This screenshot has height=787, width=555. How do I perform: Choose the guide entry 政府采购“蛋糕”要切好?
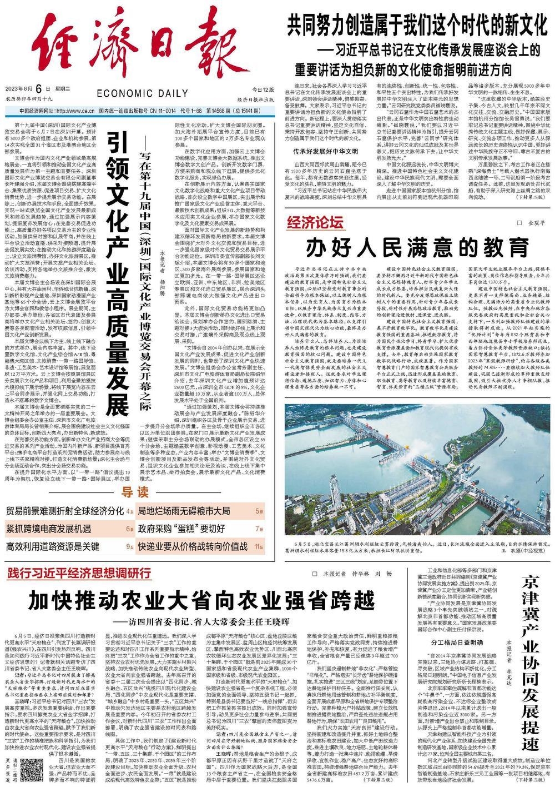coord(181,529)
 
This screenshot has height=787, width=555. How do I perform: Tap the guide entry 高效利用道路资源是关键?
coord(53,546)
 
